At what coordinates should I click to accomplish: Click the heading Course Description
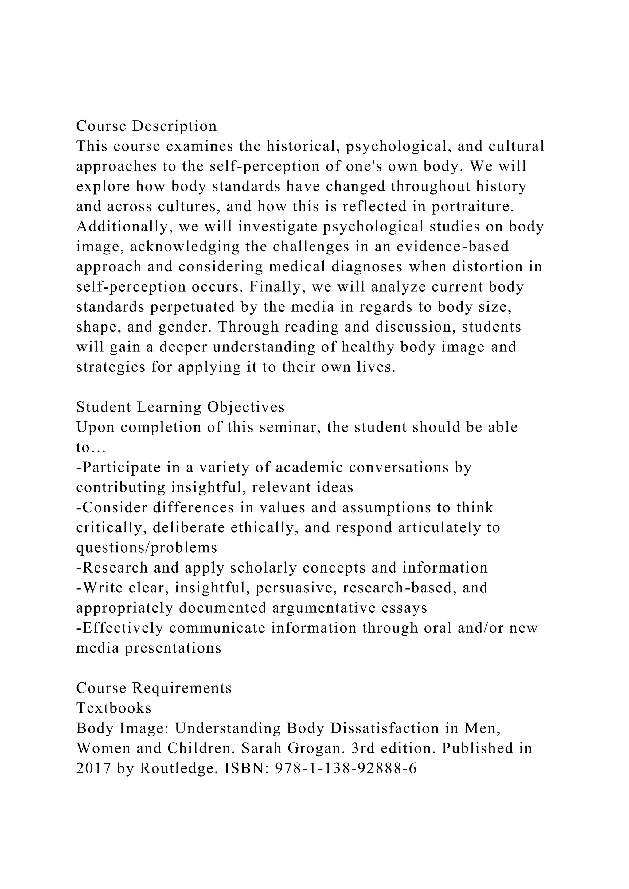[147, 126]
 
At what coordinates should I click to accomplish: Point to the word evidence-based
[452, 247]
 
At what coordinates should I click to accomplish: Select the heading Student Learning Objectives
[181, 407]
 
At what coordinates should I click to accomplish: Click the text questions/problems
[147, 548]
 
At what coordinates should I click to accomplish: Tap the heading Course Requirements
[154, 688]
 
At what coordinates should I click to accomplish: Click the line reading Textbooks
[114, 708]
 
